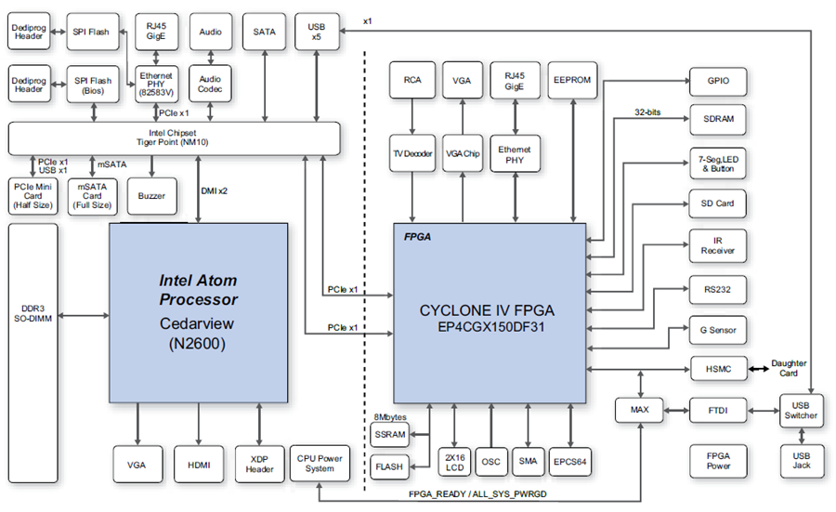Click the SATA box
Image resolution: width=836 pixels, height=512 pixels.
click(265, 32)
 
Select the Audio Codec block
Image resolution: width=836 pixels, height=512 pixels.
click(210, 84)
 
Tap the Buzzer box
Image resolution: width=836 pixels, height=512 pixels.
click(152, 196)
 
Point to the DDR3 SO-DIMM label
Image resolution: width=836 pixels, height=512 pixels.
click(33, 313)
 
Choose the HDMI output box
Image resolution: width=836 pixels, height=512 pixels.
click(199, 465)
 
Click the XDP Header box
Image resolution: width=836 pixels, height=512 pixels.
click(260, 465)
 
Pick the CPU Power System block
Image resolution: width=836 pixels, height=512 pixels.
click(320, 464)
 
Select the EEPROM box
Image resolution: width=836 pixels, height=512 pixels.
click(572, 80)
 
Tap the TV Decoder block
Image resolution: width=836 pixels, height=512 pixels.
click(412, 153)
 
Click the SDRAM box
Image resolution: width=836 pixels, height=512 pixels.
click(718, 119)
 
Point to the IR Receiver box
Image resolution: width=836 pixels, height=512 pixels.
click(718, 246)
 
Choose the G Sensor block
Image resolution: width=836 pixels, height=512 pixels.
click(718, 330)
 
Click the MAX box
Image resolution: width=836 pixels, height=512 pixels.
click(640, 410)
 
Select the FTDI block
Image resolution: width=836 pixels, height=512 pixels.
click(718, 411)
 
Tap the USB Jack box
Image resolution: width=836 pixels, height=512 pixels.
click(802, 461)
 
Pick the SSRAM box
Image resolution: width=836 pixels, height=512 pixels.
click(390, 435)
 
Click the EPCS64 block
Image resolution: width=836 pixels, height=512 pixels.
click(570, 462)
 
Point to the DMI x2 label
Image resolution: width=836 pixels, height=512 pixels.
click(215, 190)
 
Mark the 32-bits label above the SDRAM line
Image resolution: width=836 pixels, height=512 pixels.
click(647, 112)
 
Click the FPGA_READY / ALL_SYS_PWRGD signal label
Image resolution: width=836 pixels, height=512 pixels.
click(477, 493)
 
